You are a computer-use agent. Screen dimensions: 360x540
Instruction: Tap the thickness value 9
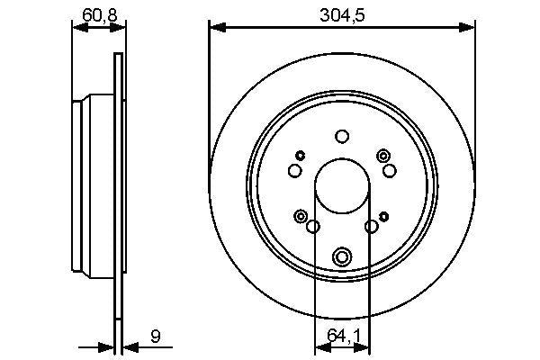pyautogui.click(x=156, y=338)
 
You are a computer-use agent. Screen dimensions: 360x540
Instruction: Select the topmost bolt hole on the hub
pyautogui.click(x=342, y=137)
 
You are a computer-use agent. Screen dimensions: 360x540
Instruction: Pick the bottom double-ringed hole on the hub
pyautogui.click(x=342, y=258)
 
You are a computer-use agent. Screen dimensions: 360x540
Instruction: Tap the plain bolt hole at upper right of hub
pyautogui.click(x=390, y=170)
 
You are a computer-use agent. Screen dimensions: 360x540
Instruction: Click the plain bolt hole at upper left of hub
pyautogui.click(x=294, y=170)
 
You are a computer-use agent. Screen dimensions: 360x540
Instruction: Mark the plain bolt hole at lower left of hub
pyautogui.click(x=312, y=227)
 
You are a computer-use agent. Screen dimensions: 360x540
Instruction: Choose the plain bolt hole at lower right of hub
pyautogui.click(x=372, y=227)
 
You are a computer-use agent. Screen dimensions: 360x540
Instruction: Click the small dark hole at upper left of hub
pyautogui.click(x=301, y=156)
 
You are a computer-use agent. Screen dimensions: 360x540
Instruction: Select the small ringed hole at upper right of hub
pyautogui.click(x=384, y=156)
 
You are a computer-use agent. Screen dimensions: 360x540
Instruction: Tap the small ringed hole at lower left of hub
pyautogui.click(x=300, y=216)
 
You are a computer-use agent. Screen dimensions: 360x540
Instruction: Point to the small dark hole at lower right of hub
pyautogui.click(x=384, y=216)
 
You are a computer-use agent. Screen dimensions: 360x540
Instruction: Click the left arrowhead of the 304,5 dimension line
pyautogui.click(x=214, y=27)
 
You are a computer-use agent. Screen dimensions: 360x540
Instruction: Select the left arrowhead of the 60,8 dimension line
pyautogui.click(x=76, y=27)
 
